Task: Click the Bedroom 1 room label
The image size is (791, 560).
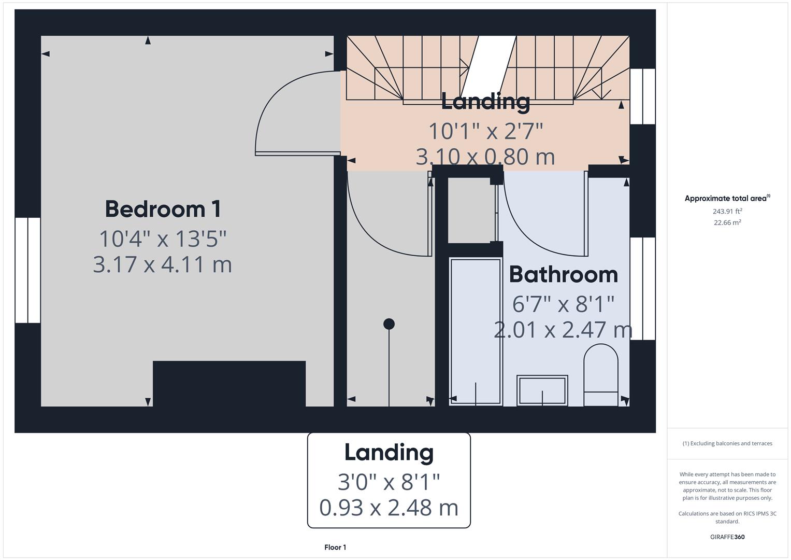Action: (x=163, y=209)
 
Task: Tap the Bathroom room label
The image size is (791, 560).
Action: (x=563, y=274)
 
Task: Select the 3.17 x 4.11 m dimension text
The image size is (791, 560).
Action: (x=162, y=264)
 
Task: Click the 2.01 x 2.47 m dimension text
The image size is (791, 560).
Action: (x=563, y=330)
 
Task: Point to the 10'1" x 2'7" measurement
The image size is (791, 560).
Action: (x=485, y=131)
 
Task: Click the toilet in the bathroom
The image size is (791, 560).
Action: (x=601, y=374)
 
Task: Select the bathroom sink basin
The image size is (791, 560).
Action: (x=542, y=390)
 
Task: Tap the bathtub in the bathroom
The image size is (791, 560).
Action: (x=476, y=331)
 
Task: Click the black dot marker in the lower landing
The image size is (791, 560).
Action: (x=389, y=324)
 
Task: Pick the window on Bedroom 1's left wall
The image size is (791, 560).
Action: (x=27, y=270)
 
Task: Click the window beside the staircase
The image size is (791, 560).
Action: (x=642, y=96)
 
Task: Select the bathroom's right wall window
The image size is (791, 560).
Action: (x=642, y=288)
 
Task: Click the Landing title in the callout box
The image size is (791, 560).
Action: (x=389, y=452)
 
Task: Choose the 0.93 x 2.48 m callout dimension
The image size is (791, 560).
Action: (x=389, y=508)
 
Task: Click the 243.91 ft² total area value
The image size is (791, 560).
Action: (x=727, y=212)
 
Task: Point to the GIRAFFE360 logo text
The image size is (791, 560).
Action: (x=727, y=537)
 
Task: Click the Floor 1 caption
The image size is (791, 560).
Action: (x=335, y=548)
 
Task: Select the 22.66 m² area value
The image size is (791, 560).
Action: (x=727, y=223)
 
